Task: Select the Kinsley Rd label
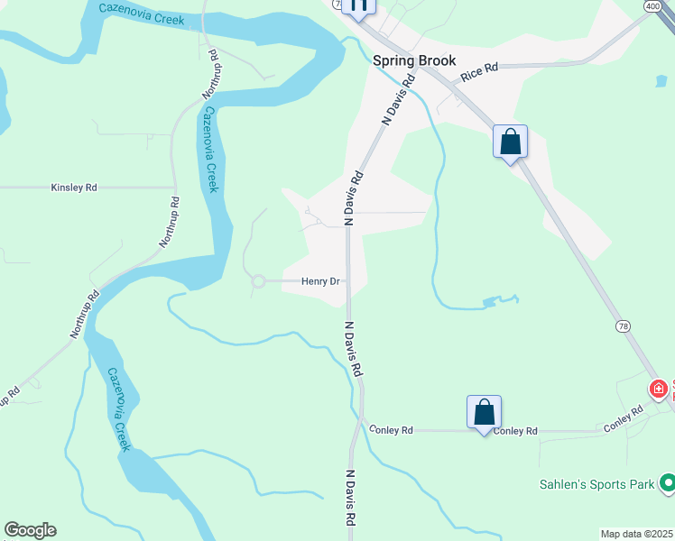coord(74,188)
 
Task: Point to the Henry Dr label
coord(320,281)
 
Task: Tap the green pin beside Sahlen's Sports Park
coord(668,483)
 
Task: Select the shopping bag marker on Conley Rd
coord(484,413)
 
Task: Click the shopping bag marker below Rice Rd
coord(510,142)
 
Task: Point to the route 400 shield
coord(652,6)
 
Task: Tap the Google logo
coord(30,530)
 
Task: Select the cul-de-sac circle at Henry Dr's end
coord(258,281)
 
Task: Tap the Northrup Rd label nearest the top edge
coord(211,73)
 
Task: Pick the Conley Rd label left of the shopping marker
coord(391,431)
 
